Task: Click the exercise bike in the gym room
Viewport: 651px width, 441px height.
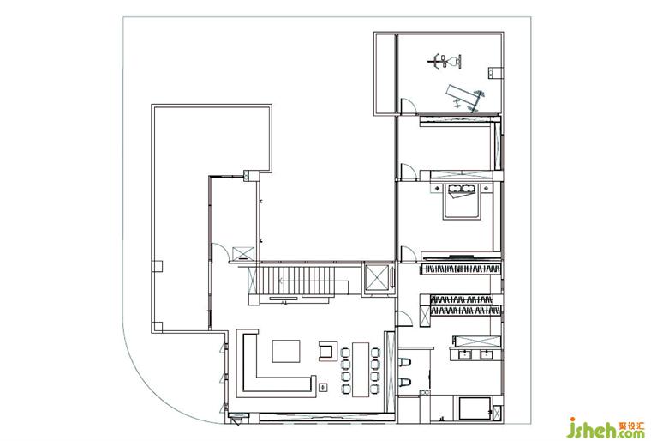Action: (445, 62)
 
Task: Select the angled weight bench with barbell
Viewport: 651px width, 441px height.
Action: (465, 98)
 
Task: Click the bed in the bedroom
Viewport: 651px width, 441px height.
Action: (461, 202)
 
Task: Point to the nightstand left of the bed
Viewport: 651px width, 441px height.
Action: (438, 189)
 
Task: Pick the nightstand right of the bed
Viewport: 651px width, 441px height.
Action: (486, 189)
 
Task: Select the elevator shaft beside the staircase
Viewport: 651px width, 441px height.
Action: (378, 279)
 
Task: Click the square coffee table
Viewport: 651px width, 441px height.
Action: (286, 351)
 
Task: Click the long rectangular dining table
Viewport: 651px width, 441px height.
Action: (361, 369)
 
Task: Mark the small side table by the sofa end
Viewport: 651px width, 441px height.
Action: (323, 387)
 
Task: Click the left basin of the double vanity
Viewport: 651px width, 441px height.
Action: (464, 355)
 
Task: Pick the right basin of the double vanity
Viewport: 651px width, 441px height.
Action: (486, 355)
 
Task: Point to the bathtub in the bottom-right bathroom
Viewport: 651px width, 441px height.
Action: (475, 409)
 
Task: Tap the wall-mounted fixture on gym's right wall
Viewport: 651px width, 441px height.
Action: (493, 72)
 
